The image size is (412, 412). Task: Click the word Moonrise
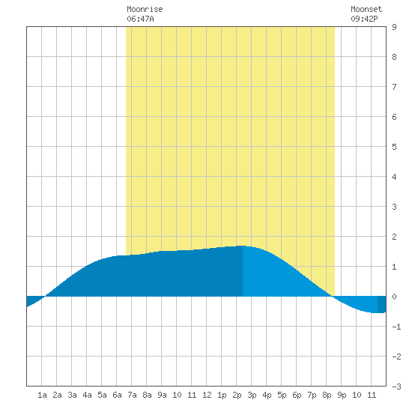coord(145,9)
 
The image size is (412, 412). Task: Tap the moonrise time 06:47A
coord(140,19)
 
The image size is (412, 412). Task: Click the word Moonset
coord(366,9)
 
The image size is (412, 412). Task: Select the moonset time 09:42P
coord(365,19)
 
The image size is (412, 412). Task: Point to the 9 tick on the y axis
coord(394,27)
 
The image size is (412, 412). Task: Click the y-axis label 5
coord(394,147)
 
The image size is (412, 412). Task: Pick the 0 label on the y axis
coord(394,297)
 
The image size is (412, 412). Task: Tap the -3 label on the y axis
coord(396,387)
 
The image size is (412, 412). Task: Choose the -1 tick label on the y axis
coord(396,327)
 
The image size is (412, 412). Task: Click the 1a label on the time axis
coord(42,395)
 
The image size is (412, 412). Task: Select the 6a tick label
coord(117,395)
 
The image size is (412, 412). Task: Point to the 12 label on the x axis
coord(207,395)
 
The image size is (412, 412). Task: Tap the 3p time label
coord(252,395)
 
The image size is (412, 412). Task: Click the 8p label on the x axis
coord(327,395)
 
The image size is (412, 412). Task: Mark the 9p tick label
coord(342,395)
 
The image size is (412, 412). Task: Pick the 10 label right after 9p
coord(357,395)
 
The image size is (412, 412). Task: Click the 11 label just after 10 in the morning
coord(192,395)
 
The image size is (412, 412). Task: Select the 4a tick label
coord(87,395)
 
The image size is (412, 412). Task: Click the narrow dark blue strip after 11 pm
coord(382,305)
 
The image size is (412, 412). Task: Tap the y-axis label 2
coord(394,237)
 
